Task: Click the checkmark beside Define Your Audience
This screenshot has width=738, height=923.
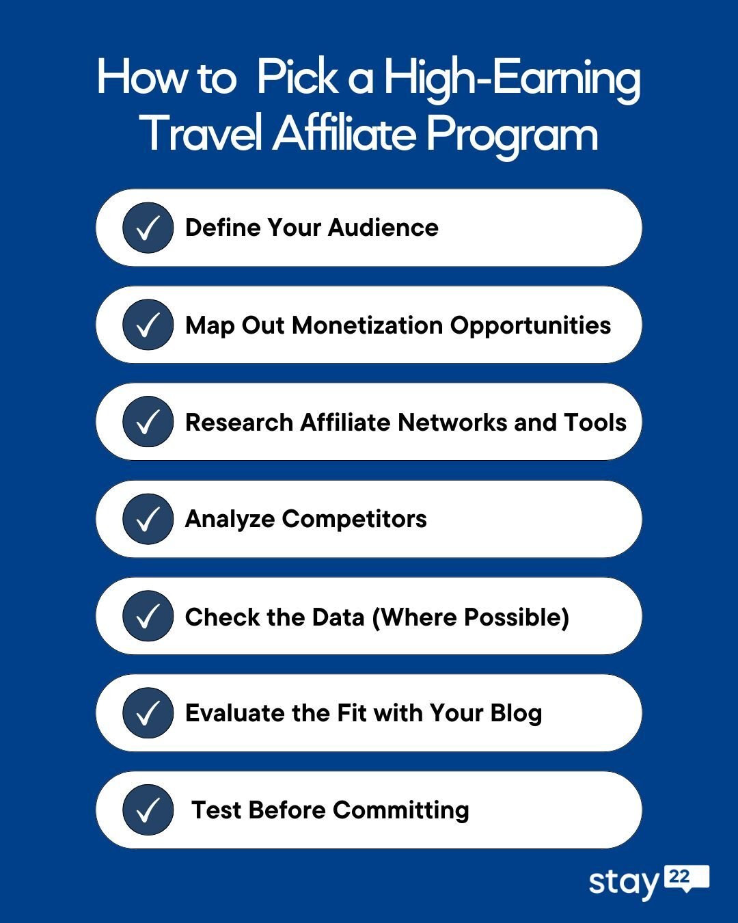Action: point(148,228)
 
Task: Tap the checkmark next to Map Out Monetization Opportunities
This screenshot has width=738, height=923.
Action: point(148,325)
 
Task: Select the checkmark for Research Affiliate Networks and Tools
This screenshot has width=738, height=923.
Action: point(148,422)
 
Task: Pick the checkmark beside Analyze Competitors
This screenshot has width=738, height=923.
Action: point(148,519)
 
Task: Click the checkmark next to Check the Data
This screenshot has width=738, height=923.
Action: point(148,616)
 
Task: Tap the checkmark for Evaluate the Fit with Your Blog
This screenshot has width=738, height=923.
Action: point(148,713)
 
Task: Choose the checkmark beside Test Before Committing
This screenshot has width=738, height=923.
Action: point(148,810)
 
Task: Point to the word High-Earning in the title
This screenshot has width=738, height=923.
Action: point(511,78)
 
